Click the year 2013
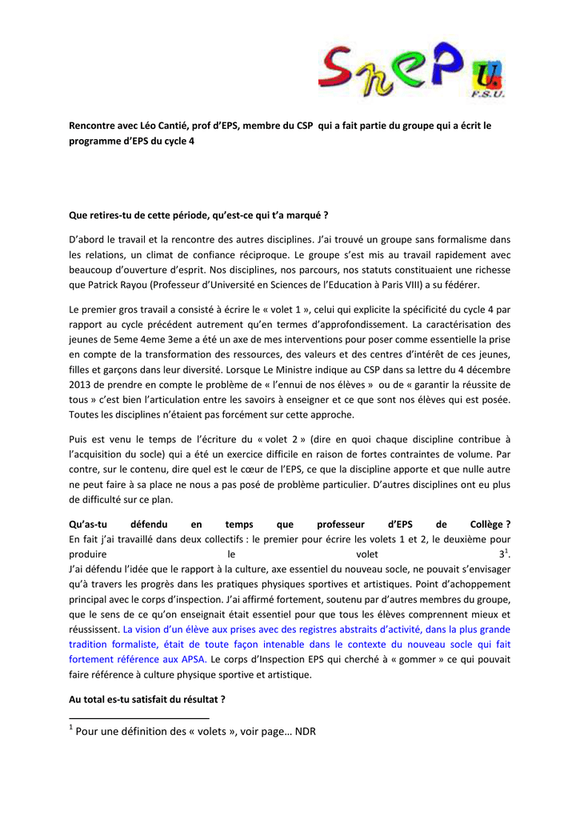pos(82,384)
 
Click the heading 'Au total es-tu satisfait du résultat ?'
pos(147,700)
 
